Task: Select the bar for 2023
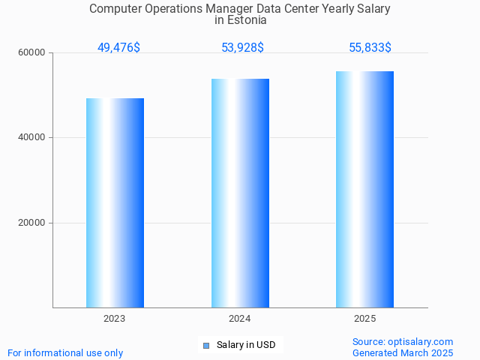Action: pyautogui.click(x=115, y=202)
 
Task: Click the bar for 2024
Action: pyautogui.click(x=240, y=193)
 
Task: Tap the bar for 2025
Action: pyautogui.click(x=364, y=189)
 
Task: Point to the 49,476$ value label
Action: pyautogui.click(x=118, y=48)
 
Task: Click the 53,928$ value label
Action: pyautogui.click(x=242, y=48)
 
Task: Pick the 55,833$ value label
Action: pyautogui.click(x=370, y=48)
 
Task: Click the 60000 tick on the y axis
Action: pyautogui.click(x=32, y=52)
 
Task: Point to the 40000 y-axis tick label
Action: pyautogui.click(x=32, y=138)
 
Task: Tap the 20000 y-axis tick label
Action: pyautogui.click(x=32, y=223)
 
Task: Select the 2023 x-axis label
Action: pyautogui.click(x=115, y=319)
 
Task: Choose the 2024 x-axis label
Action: pyautogui.click(x=240, y=319)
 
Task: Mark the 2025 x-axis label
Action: pyautogui.click(x=364, y=319)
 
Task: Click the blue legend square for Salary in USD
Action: pyautogui.click(x=206, y=346)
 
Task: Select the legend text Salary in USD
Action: pyautogui.click(x=246, y=346)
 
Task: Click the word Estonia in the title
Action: pyautogui.click(x=247, y=20)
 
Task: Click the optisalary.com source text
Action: pyautogui.click(x=403, y=342)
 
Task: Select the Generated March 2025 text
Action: pyautogui.click(x=403, y=352)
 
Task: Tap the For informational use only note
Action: pyautogui.click(x=65, y=352)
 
